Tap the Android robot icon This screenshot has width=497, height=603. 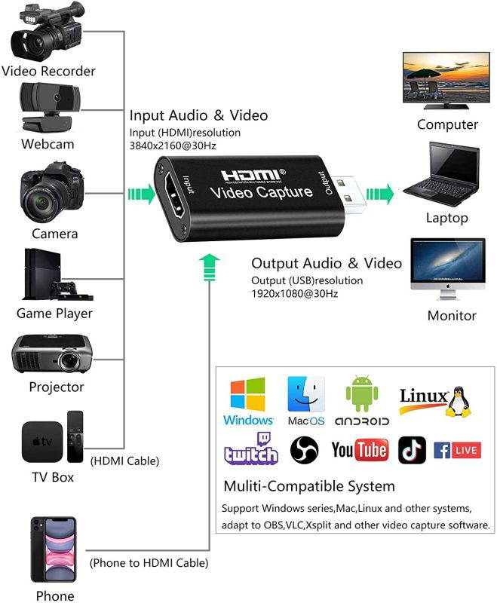click(360, 395)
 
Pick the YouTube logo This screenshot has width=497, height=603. click(359, 451)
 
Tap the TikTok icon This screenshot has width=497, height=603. click(412, 450)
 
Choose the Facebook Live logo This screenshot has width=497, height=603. click(458, 450)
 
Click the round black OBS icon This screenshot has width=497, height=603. click(305, 450)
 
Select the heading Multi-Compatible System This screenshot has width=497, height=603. click(308, 485)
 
